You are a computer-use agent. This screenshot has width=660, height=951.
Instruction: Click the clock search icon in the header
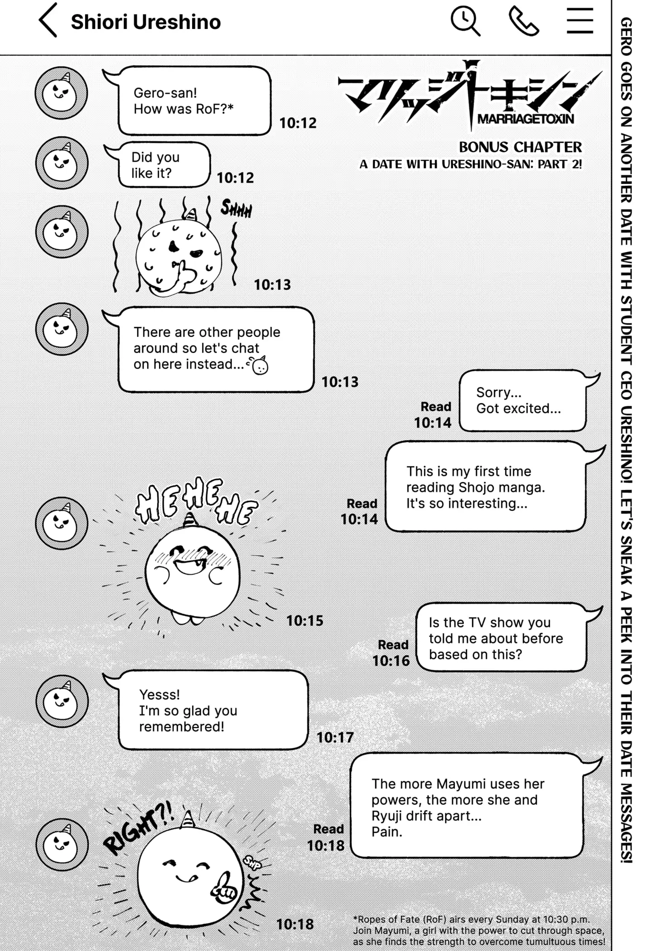point(465,20)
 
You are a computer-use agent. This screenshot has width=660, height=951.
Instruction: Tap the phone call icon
point(524,21)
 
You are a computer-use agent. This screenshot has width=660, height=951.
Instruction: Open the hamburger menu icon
point(579,21)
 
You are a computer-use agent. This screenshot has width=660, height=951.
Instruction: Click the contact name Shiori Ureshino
point(146,22)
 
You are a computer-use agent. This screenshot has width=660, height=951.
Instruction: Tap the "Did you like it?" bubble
point(163,165)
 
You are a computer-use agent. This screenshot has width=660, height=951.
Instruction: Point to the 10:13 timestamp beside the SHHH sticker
point(272,285)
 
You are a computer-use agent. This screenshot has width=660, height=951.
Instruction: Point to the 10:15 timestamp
point(305,621)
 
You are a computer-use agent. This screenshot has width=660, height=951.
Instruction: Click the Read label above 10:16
point(393,645)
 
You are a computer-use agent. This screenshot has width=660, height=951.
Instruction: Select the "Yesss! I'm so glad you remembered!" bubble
point(213,711)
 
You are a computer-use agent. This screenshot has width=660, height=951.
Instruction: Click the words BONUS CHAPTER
point(520,147)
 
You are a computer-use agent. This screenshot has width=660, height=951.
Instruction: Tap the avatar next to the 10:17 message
point(62,701)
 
